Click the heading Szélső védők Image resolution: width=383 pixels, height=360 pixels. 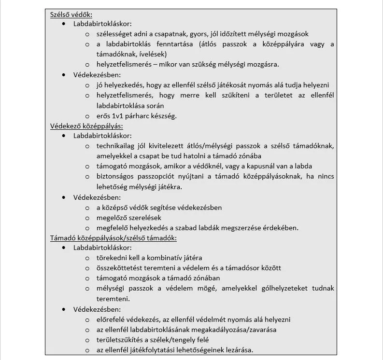[x=71, y=14]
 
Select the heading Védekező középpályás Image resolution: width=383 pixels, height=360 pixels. [x=86, y=126]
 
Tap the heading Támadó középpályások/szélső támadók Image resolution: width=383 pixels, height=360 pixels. [x=113, y=238]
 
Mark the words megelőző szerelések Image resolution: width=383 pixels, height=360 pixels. [x=126, y=218]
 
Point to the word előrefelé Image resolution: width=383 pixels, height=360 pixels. [x=113, y=319]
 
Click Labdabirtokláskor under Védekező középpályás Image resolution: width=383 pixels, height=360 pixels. [x=102, y=136]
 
